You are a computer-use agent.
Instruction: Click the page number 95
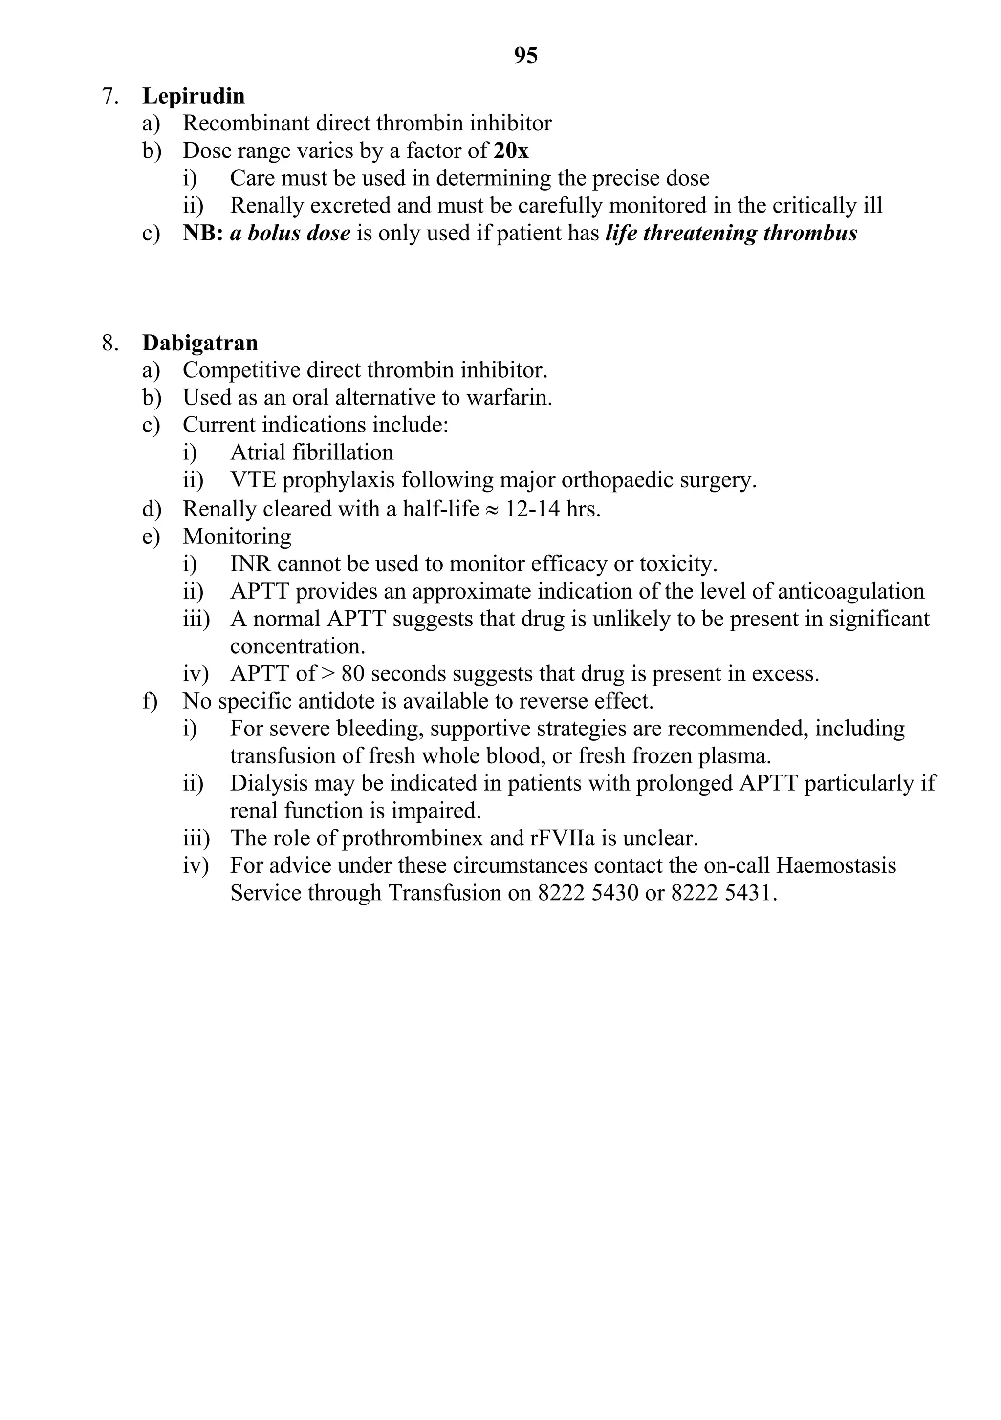click(525, 56)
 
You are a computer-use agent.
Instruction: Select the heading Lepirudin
click(193, 96)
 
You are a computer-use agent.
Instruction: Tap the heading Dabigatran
click(200, 343)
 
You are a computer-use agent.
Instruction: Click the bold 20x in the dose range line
click(511, 151)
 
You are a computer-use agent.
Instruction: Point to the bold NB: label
click(203, 233)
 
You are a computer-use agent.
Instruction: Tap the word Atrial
click(258, 452)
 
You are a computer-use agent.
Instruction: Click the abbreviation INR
click(251, 564)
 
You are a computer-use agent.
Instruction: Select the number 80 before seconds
click(352, 673)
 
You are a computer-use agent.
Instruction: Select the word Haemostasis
click(836, 865)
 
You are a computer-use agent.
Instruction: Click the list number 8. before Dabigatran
click(110, 343)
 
